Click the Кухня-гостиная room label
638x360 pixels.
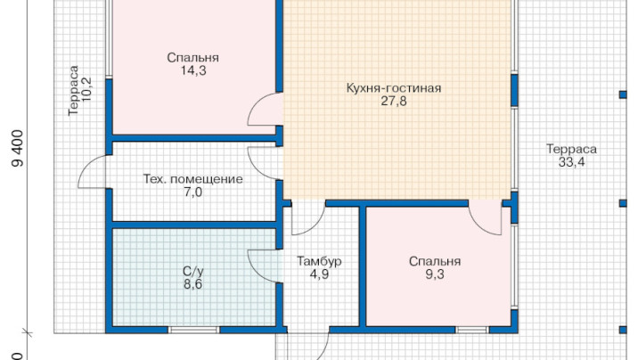394,88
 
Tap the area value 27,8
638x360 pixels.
394,102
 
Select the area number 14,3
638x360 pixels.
193,70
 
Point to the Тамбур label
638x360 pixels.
319,261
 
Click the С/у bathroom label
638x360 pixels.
192,271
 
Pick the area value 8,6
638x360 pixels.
192,284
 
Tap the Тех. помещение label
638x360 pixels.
192,179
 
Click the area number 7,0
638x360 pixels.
192,192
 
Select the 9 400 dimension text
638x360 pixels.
17,149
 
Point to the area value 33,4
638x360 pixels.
571,162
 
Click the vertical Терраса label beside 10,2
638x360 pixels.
73,90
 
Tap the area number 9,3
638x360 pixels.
435,274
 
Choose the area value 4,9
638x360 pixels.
319,274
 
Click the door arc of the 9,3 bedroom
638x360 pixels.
478,225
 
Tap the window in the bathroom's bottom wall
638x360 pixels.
194,330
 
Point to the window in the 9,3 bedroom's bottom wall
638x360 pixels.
471,330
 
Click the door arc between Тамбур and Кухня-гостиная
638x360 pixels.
315,226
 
